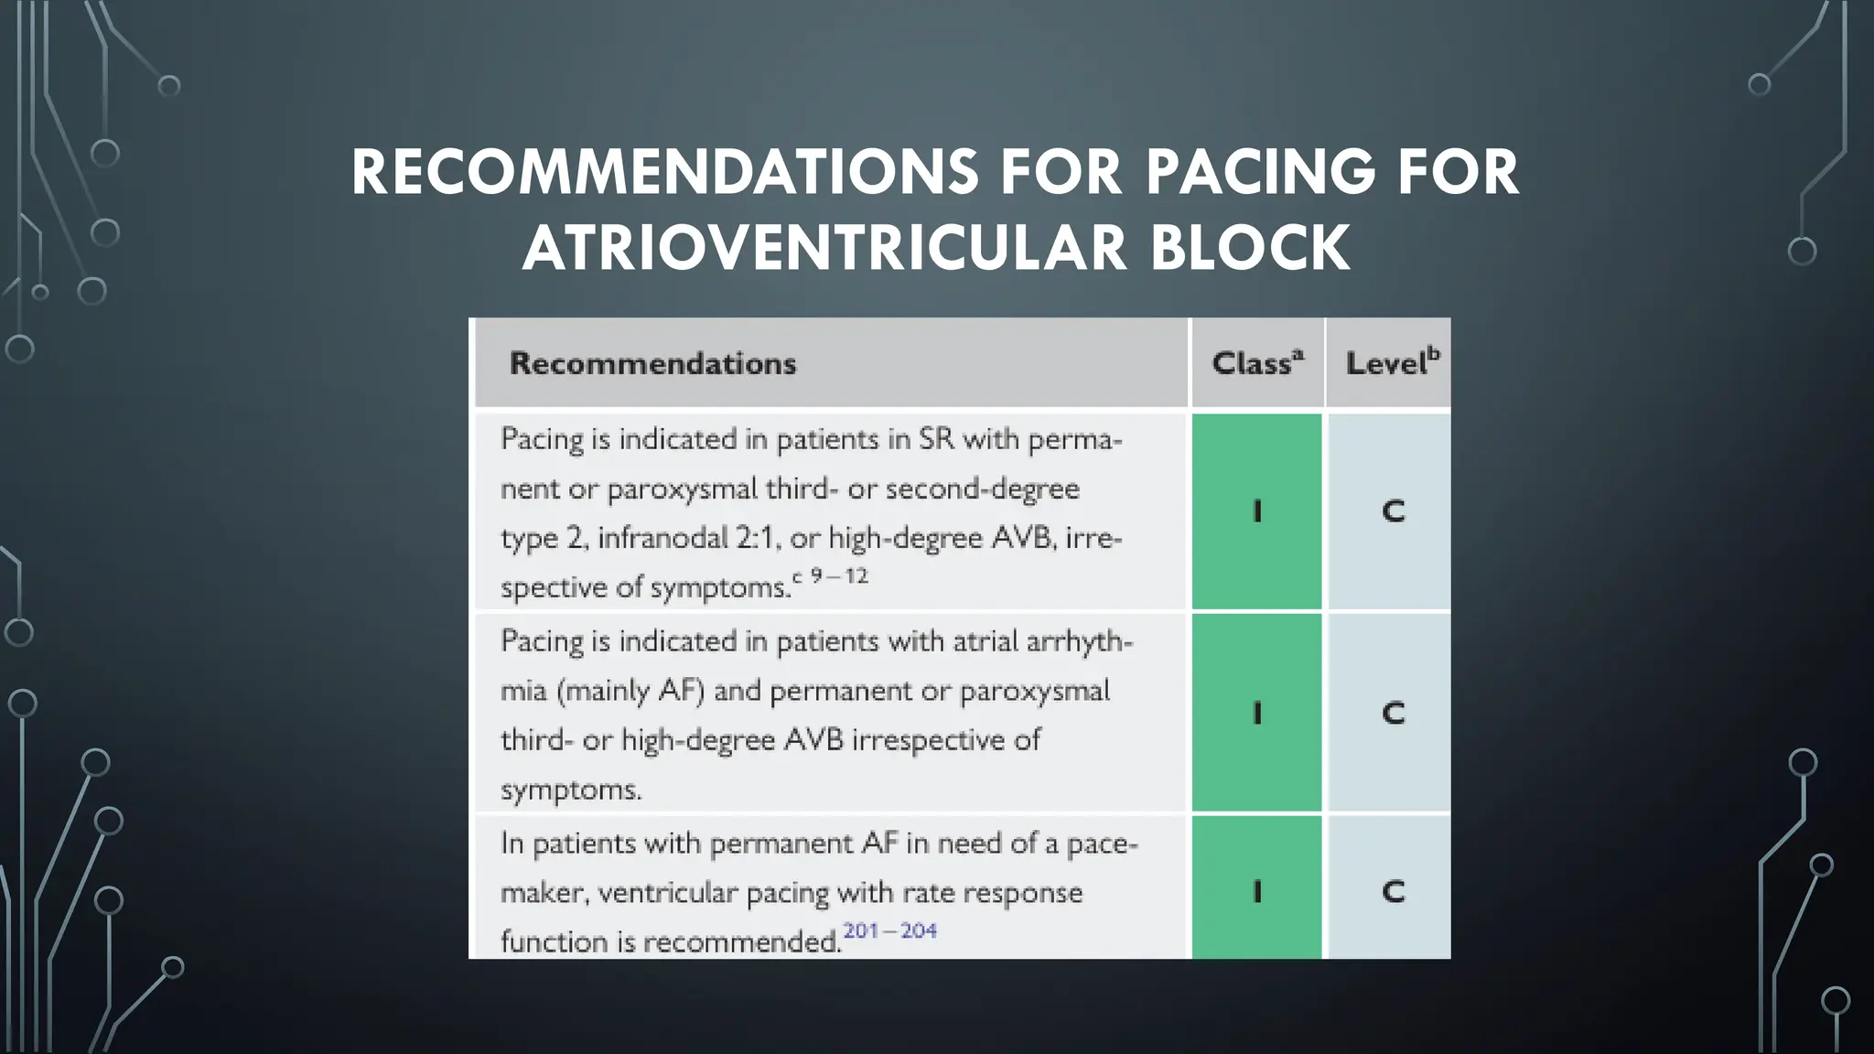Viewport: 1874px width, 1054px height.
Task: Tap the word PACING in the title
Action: pos(1261,172)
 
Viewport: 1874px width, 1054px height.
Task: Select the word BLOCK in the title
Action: pos(1249,249)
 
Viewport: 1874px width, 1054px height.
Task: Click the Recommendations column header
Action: pos(652,364)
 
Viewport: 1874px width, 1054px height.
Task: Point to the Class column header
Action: pos(1256,364)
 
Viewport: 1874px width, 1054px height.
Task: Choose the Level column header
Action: pos(1391,364)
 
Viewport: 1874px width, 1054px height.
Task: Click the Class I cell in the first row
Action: pos(1256,511)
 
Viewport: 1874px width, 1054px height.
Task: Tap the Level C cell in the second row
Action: pos(1392,713)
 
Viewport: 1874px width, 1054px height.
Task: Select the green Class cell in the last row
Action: pos(1256,890)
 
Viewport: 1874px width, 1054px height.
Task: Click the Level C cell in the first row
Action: pos(1392,511)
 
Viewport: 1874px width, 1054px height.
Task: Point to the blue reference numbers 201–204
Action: pos(889,931)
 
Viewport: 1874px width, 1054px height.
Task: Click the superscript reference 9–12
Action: pos(838,576)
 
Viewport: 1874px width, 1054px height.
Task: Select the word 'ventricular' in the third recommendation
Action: pos(667,893)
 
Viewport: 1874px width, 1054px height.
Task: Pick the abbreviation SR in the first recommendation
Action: pos(936,440)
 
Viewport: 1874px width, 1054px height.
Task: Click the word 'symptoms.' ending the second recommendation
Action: pos(571,790)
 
